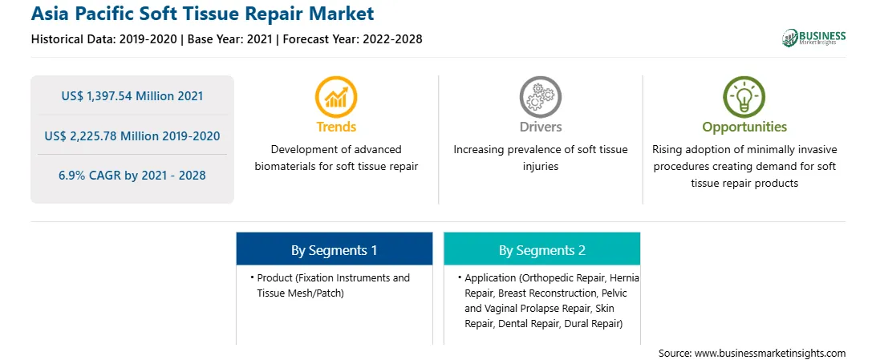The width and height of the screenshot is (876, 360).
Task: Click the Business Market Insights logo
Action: (814, 38)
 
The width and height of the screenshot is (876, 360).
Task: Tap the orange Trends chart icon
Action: (336, 96)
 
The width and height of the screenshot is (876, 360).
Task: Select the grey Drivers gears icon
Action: (540, 96)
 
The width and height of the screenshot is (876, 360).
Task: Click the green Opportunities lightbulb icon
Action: (744, 96)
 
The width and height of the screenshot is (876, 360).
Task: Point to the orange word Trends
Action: (336, 127)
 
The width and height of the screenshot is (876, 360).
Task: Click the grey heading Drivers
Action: (540, 127)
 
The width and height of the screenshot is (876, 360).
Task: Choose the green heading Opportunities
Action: (744, 127)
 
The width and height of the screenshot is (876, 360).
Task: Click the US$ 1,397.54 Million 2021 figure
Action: (132, 96)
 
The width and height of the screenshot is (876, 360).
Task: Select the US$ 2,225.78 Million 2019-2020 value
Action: (132, 136)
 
